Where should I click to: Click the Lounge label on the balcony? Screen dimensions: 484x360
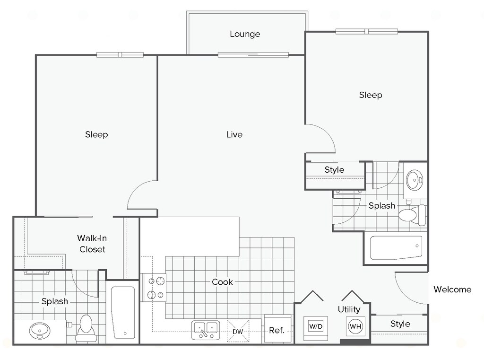[x=245, y=34]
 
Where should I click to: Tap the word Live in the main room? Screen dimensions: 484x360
[x=234, y=134]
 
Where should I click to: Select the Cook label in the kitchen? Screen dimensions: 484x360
[x=222, y=282]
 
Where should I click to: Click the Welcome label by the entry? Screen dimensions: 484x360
[x=452, y=290]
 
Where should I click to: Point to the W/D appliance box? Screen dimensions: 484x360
[x=316, y=326]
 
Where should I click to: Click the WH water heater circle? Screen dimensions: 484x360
[x=355, y=326]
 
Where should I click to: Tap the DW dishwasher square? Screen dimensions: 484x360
[x=238, y=331]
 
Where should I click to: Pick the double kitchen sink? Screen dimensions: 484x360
[x=206, y=330]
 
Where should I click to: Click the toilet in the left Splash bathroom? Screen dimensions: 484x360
[x=86, y=328]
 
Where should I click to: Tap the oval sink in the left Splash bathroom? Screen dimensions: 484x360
[x=40, y=331]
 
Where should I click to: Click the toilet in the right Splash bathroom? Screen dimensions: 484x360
[x=412, y=214]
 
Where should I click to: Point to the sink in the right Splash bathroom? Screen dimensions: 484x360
[x=415, y=180]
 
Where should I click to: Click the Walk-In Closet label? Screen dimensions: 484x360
[x=92, y=244]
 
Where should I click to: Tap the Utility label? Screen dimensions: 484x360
[x=349, y=310]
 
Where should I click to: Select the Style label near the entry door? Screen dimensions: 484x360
[x=400, y=324]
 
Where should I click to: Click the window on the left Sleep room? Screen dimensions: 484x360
[x=120, y=55]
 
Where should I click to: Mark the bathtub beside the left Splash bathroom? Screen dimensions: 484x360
[x=123, y=312]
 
